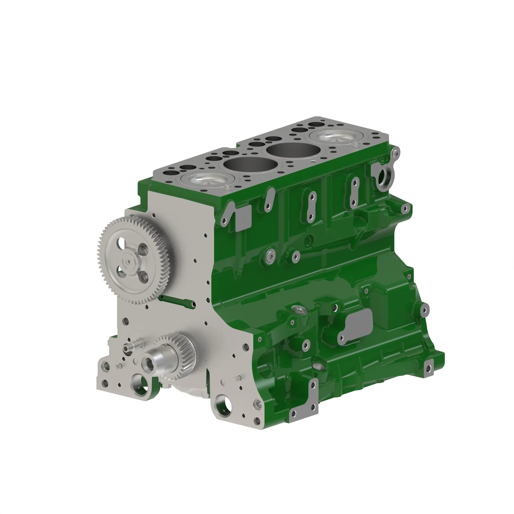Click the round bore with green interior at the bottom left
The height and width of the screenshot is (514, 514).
click(141, 384)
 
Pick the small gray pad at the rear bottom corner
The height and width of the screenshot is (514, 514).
click(428, 368)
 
